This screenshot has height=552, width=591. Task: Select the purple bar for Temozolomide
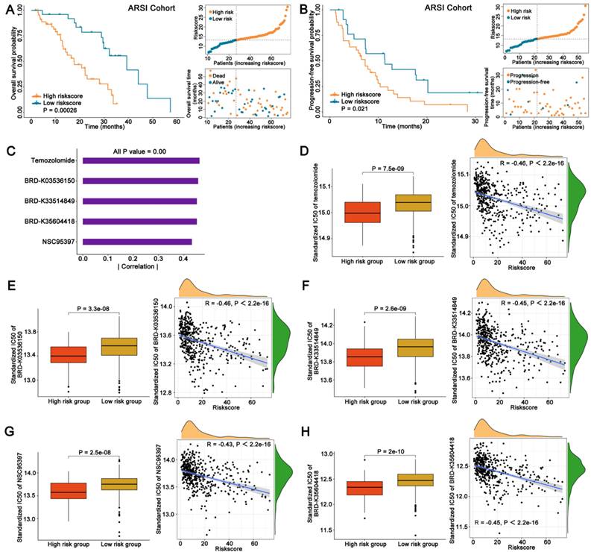141,160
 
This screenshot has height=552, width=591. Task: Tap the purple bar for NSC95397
137,241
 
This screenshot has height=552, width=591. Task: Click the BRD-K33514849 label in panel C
42,201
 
